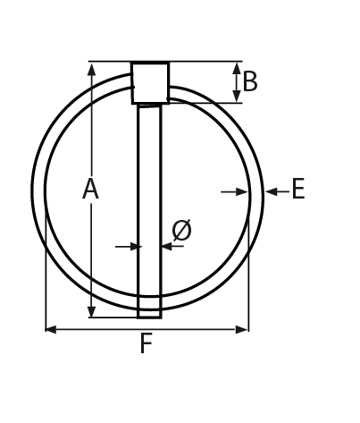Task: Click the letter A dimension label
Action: point(90,190)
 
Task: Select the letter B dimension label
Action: point(250,82)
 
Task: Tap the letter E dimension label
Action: point(298,190)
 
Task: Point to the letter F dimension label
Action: point(146,344)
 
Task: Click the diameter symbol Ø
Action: point(181,231)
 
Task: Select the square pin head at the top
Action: point(150,82)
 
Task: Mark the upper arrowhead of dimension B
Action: point(237,68)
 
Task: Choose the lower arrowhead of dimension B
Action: point(237,97)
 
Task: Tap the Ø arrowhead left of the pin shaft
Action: point(133,246)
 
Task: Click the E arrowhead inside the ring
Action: point(243,191)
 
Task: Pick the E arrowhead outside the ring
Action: point(271,191)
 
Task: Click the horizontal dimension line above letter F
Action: point(147,329)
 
